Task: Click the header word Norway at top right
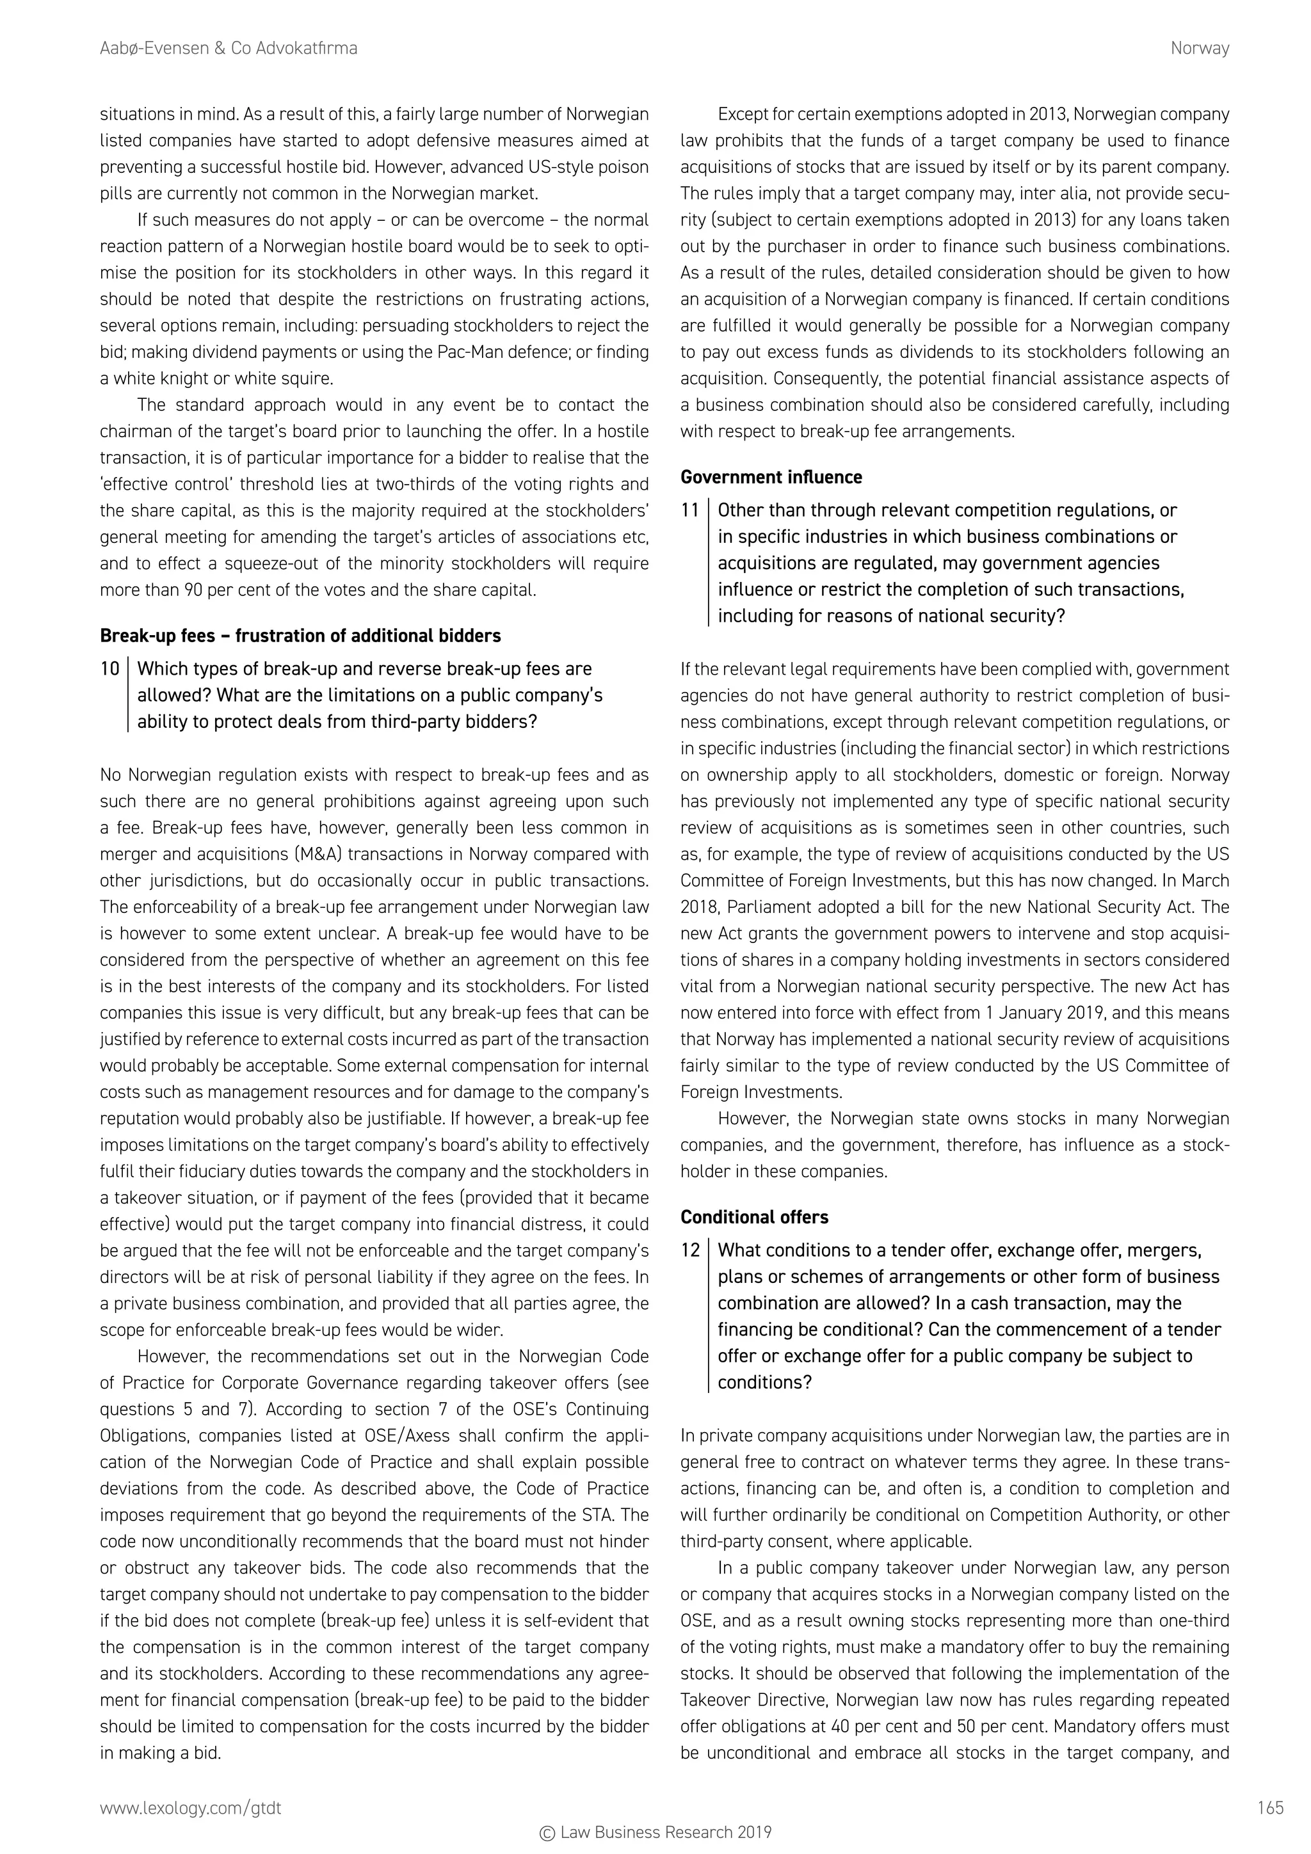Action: coord(1200,49)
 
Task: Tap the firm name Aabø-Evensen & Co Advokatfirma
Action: coord(229,49)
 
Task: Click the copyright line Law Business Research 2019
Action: coord(655,1832)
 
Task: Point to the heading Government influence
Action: coord(771,477)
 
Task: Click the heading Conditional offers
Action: coord(754,1217)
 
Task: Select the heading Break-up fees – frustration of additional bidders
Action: coord(300,636)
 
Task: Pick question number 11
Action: coord(689,511)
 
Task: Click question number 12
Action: coord(689,1251)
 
